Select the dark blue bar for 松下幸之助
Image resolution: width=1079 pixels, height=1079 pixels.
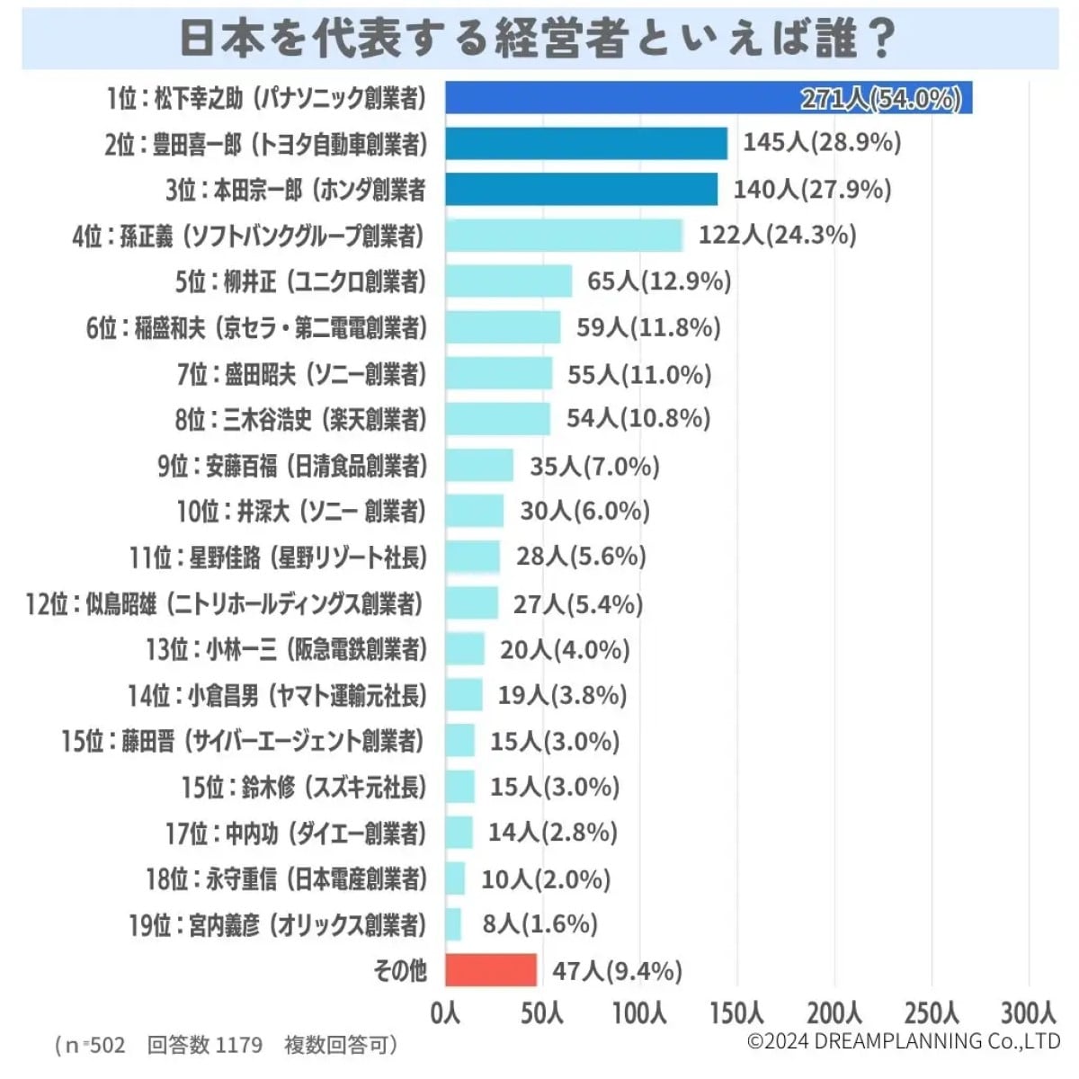pyautogui.click(x=709, y=98)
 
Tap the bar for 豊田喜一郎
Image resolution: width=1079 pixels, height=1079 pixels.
pyautogui.click(x=586, y=144)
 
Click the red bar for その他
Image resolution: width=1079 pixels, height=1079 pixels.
pyautogui.click(x=491, y=970)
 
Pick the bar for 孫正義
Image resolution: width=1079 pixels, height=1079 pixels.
pyautogui.click(x=564, y=236)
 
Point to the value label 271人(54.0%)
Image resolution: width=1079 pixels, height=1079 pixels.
pyautogui.click(x=880, y=98)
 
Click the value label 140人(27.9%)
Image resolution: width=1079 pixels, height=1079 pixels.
pyautogui.click(x=812, y=190)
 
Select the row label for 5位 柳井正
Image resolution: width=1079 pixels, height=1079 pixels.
pyautogui.click(x=300, y=281)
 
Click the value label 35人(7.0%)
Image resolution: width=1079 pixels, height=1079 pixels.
pyautogui.click(x=594, y=466)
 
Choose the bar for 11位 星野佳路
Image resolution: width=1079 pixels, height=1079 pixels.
pyautogui.click(x=472, y=557)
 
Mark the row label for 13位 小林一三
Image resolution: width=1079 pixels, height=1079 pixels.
pyautogui.click(x=286, y=649)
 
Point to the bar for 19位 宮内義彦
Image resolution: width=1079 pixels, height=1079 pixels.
pyautogui.click(x=453, y=924)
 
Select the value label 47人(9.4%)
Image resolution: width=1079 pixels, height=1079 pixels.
pyautogui.click(x=617, y=971)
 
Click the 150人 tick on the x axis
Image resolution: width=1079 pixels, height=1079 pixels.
pyautogui.click(x=736, y=1013)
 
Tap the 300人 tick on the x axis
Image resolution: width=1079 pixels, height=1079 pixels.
pyautogui.click(x=1028, y=1013)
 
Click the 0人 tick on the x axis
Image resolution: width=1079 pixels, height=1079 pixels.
pyautogui.click(x=445, y=1013)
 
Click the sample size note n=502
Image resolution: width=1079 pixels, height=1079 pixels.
pyautogui.click(x=90, y=1045)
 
